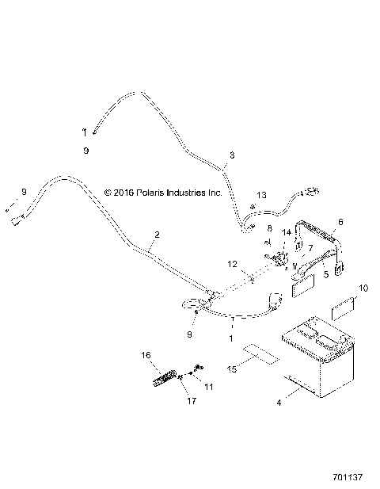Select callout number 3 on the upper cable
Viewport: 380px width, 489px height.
tap(231, 155)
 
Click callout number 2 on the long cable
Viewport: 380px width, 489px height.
tap(157, 235)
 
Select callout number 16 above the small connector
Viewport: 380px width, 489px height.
tap(145, 355)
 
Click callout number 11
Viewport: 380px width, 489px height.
tap(209, 387)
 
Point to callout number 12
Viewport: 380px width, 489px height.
tap(232, 264)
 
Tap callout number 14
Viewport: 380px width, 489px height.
tap(287, 232)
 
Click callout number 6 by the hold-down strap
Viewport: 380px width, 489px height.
tap(341, 222)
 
